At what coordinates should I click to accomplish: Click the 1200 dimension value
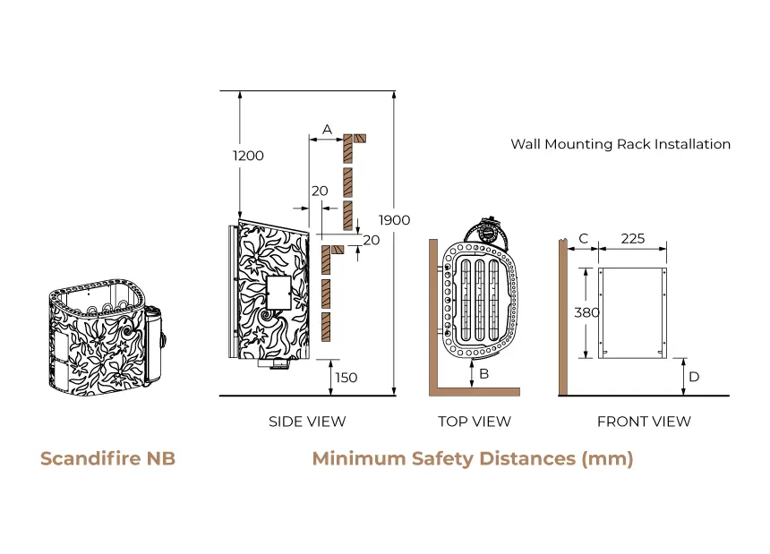coord(248,156)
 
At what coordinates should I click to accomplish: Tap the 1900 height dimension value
coord(395,220)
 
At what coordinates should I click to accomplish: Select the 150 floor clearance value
coord(346,378)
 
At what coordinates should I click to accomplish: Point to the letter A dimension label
coord(327,130)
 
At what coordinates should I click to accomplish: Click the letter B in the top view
coord(483,373)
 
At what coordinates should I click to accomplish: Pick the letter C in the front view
coord(584,239)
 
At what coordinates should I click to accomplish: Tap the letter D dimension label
coord(694,377)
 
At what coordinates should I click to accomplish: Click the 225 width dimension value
coord(633,239)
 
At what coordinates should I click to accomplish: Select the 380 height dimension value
coord(586,312)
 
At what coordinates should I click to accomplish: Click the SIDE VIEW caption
coord(307,422)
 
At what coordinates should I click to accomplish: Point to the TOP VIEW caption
coord(475,422)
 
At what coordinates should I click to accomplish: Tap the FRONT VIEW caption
coord(644,422)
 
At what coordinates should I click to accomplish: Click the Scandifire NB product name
coord(107,459)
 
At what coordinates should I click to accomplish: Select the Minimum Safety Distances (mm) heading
coord(473,459)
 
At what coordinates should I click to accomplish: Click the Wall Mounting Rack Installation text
coord(620,144)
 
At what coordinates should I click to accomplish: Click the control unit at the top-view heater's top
coord(488,228)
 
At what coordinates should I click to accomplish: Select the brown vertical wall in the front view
coord(562,318)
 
